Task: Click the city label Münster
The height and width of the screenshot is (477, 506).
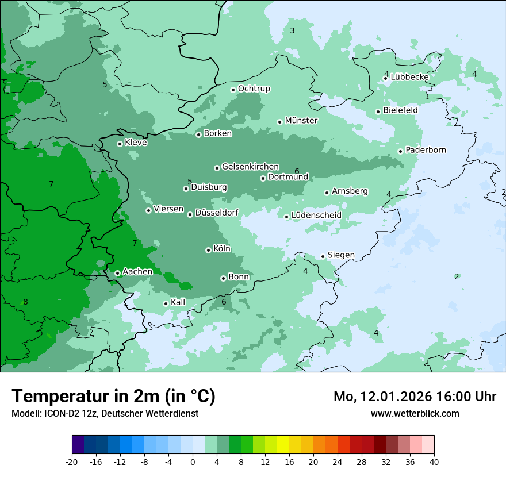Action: click(x=301, y=121)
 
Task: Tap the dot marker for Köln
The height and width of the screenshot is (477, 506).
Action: click(x=208, y=250)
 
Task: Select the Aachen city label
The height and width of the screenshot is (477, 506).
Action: click(x=137, y=272)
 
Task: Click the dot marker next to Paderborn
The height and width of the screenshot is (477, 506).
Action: click(x=400, y=151)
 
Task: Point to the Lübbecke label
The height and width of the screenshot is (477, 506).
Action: click(x=409, y=77)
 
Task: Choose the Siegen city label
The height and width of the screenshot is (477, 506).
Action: click(x=341, y=255)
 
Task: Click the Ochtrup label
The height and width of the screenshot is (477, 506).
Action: click(x=254, y=89)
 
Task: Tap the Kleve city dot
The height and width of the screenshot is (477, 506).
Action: click(x=120, y=144)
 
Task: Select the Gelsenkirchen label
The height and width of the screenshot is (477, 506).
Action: click(x=250, y=167)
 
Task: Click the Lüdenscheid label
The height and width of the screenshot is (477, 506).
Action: click(x=316, y=216)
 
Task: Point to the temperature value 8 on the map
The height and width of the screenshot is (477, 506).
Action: click(x=25, y=302)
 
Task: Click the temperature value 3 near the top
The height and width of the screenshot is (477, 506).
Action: click(x=292, y=30)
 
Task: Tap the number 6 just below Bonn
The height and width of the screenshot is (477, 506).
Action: click(x=224, y=302)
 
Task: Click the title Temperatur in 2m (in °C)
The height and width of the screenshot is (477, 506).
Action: click(x=113, y=396)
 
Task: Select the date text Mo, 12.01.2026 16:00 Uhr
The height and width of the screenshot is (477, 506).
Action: click(x=415, y=397)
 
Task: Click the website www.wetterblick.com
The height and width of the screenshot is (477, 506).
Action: click(x=415, y=413)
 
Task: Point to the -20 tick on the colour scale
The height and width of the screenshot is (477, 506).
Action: click(x=72, y=461)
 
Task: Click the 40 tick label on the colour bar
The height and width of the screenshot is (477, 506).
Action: click(x=434, y=461)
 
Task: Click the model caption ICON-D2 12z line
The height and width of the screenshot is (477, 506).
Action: click(x=105, y=413)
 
